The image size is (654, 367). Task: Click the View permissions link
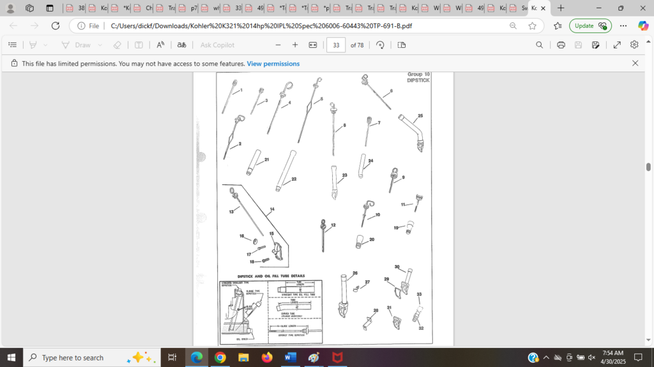point(273,64)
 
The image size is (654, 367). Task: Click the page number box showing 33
point(336,45)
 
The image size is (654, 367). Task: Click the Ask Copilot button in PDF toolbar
point(217,45)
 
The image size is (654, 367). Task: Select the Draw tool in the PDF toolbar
point(76,45)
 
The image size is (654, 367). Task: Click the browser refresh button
point(56,26)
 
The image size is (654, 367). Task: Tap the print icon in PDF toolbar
point(561,45)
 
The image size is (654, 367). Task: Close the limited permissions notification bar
point(635,63)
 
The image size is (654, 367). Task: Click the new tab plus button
point(561,8)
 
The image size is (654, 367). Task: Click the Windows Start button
point(11,357)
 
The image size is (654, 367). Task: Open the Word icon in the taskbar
point(291,357)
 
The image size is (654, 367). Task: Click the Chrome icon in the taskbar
point(220,357)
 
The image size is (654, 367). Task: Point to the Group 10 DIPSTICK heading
point(418,77)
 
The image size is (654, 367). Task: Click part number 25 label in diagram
point(420,116)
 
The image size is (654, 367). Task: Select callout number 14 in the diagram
point(272,209)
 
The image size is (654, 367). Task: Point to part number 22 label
point(294,179)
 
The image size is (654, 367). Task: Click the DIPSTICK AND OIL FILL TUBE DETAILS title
point(270,276)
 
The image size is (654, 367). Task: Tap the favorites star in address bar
point(532,26)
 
